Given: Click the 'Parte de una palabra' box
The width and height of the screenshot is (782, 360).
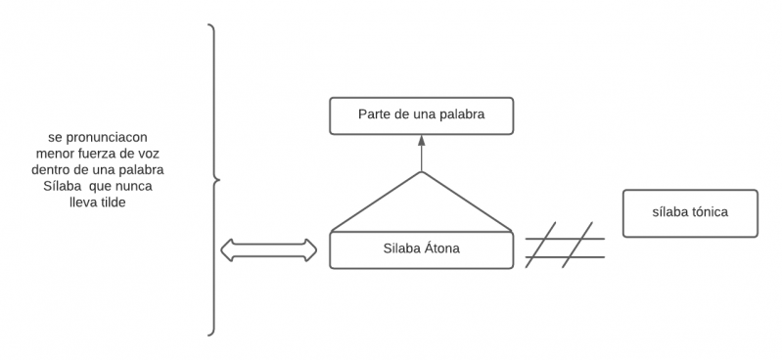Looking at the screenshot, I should point(421,115).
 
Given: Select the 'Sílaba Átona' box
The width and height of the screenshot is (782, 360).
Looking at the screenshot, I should point(421,249).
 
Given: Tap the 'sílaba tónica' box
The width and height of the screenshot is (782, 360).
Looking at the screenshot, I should point(689,212).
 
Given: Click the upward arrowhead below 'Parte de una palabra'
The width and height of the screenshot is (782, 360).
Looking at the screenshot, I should point(422,141).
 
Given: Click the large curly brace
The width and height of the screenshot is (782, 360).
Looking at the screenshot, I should point(213,180).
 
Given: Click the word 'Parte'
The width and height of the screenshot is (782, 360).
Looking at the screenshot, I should point(374,115).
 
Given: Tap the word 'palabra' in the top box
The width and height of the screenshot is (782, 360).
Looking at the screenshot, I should point(461,115).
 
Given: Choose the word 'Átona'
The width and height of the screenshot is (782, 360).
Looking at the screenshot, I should point(441,248).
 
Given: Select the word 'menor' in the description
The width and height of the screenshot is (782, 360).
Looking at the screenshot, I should point(55,155).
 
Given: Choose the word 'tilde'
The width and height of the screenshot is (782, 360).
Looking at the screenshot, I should point(110,202).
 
